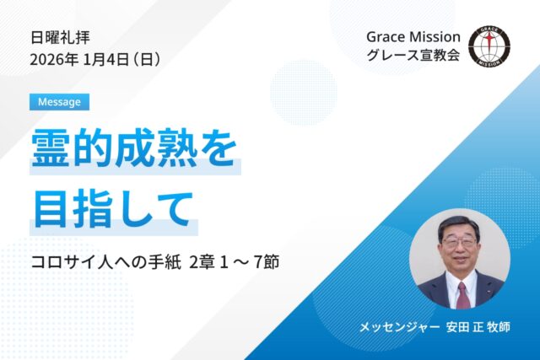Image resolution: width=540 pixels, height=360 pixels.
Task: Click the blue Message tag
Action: point(59,102)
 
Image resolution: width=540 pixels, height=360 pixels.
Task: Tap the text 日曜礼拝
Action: point(60,38)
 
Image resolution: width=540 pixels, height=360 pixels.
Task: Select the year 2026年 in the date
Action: point(52,60)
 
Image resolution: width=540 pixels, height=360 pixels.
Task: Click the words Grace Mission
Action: point(413,38)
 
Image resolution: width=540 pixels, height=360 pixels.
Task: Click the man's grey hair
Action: point(460,222)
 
